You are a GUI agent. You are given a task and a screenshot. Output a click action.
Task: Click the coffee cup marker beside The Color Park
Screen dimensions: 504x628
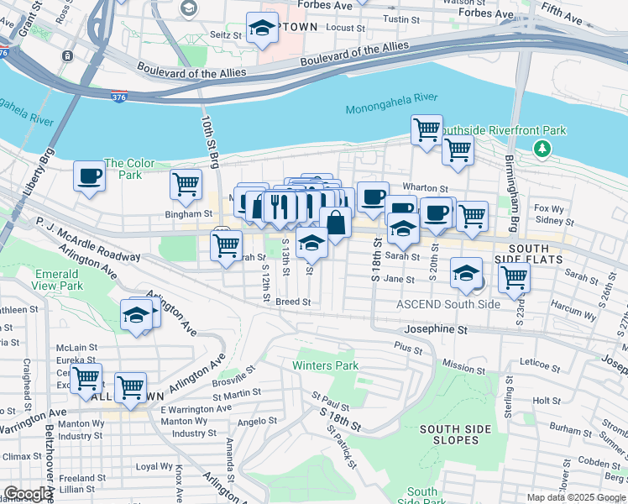90,176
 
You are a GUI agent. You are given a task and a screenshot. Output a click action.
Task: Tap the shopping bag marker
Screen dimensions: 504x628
335,223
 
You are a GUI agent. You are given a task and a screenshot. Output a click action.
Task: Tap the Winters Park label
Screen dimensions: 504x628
325,365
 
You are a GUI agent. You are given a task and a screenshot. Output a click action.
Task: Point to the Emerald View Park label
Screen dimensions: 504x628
58,280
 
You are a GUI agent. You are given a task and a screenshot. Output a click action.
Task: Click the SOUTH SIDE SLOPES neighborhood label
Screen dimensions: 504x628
455,435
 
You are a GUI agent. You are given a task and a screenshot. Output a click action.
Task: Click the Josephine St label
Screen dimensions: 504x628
436,330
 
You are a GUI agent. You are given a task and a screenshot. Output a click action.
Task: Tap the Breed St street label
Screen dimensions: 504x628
293,302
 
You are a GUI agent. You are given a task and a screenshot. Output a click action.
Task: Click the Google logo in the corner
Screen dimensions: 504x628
28,494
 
